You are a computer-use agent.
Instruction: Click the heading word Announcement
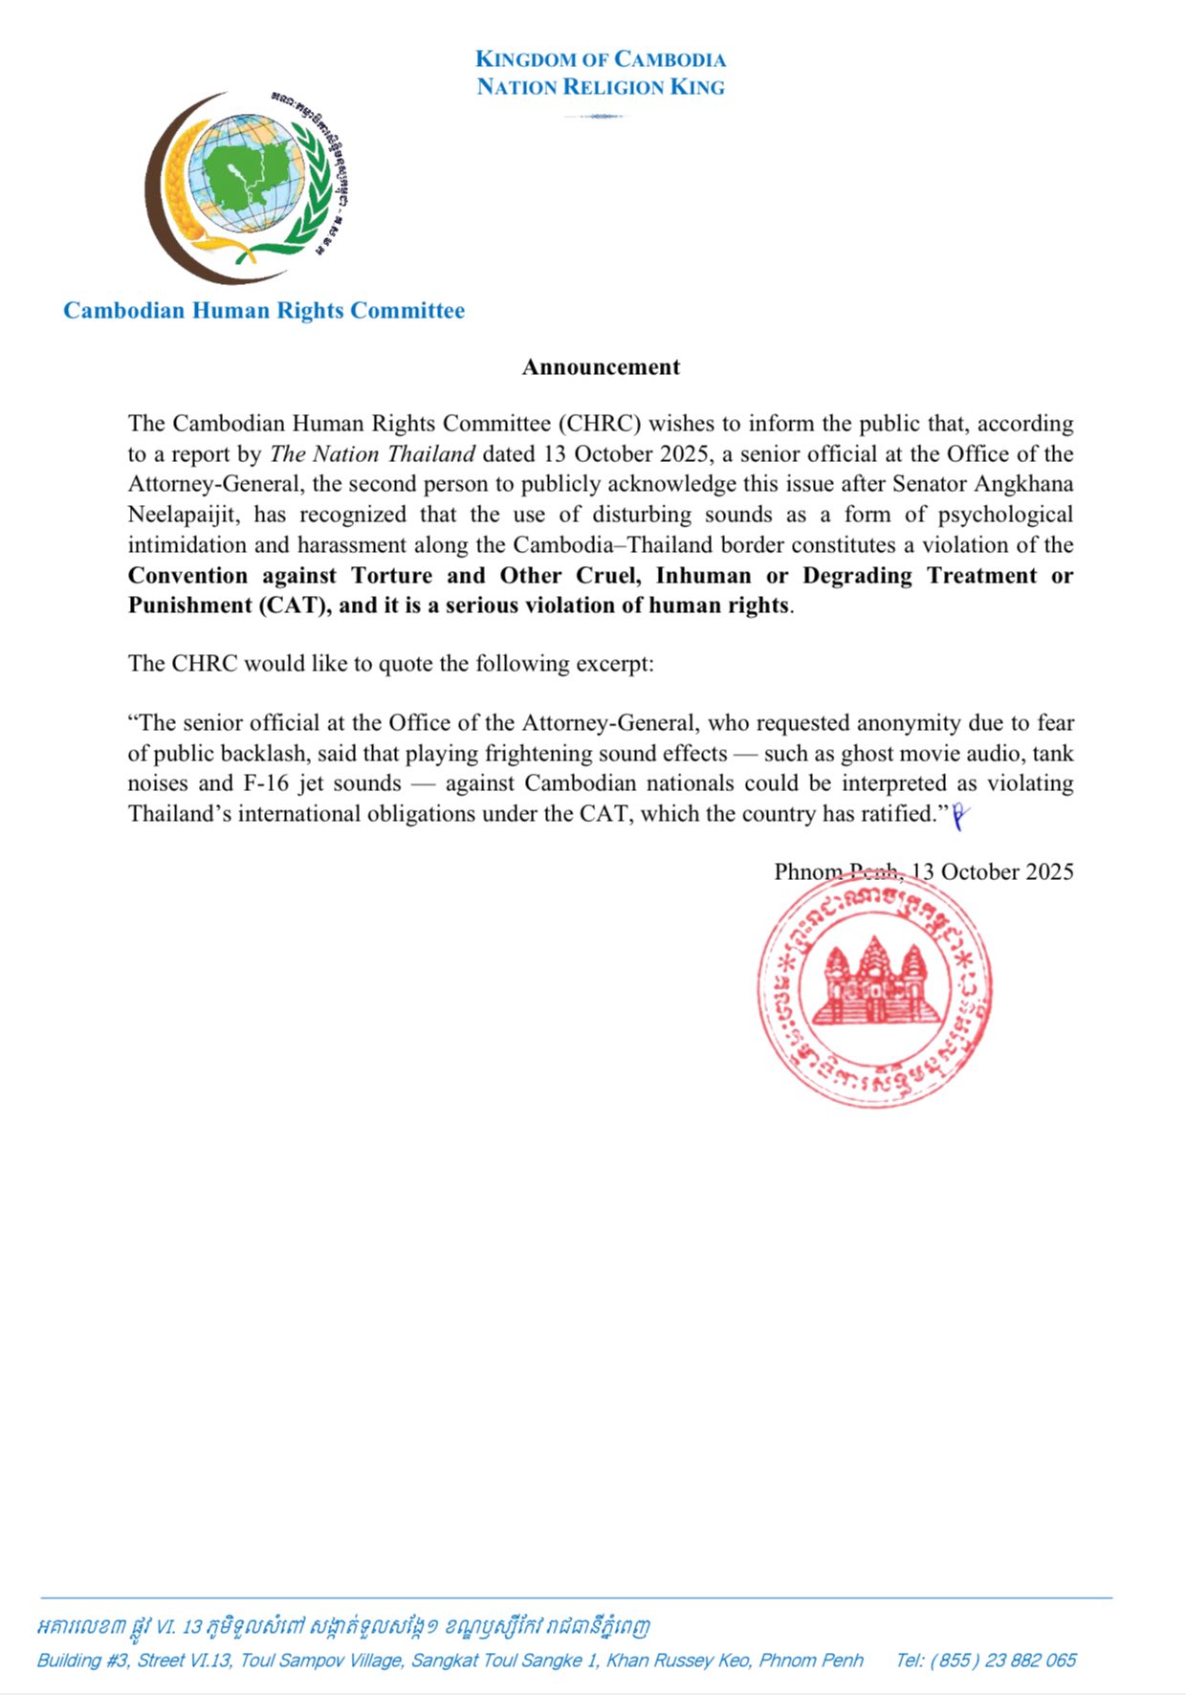601,367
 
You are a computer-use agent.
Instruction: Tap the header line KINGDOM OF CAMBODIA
601,59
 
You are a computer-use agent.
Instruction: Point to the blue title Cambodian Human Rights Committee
264,311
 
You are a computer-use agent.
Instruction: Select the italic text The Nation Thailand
373,454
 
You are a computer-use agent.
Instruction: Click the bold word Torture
392,576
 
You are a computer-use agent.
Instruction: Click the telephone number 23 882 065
1029,1660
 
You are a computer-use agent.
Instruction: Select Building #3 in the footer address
83,1660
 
